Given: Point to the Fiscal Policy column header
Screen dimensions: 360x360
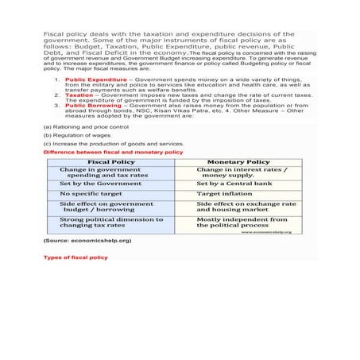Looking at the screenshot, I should click(111, 161).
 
